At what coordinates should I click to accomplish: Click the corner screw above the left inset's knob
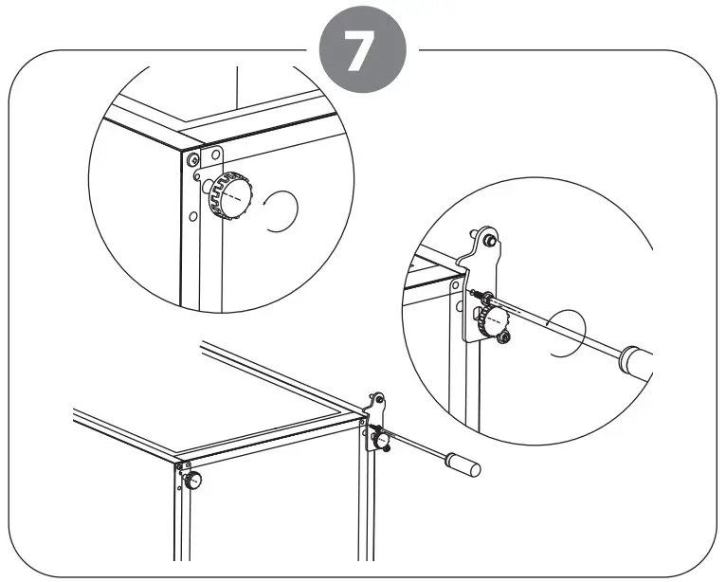[x=193, y=156]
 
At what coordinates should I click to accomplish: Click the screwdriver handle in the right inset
[x=634, y=361]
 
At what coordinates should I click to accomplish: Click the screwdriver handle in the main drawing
[x=463, y=466]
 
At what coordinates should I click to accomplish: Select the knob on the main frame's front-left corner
[x=194, y=481]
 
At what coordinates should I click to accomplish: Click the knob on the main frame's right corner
[x=381, y=439]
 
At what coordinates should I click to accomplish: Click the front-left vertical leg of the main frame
[x=181, y=521]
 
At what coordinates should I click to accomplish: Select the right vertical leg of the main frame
[x=364, y=502]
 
